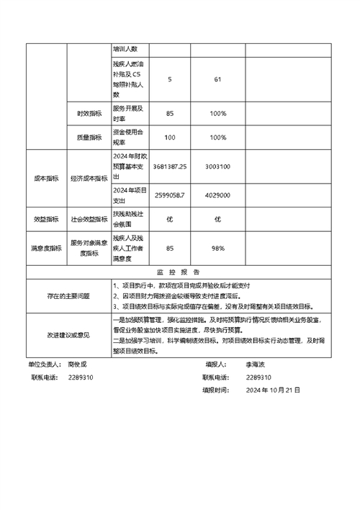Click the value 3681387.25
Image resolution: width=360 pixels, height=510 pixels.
pos(170,166)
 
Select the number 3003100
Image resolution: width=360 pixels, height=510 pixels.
pos(217,166)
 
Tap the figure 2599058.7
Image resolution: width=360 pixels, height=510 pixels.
pos(170,195)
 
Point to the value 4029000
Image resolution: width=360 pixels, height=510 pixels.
pos(217,195)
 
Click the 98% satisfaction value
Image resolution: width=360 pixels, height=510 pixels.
pos(217,249)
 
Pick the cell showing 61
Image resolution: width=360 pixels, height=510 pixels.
pos(217,79)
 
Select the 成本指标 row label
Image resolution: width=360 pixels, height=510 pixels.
pos(46,180)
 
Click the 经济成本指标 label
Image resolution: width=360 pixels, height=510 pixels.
pos(89,180)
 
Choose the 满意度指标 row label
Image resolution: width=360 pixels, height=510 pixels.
pos(46,249)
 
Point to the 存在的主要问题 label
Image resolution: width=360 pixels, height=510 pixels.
pos(68,295)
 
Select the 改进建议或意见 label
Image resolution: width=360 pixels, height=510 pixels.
pos(68,335)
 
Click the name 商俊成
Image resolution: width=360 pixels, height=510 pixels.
pos(77,365)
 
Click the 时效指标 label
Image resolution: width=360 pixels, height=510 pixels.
pos(89,114)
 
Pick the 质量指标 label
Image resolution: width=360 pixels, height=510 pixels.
pos(89,137)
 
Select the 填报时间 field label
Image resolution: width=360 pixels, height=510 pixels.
pos(215,390)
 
